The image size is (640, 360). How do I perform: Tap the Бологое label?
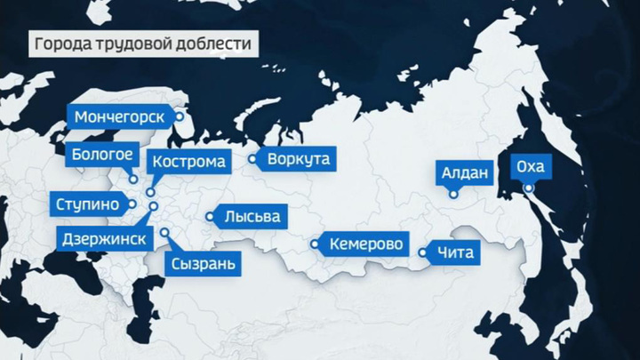(x=103, y=154)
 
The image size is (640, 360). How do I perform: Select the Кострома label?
(x=191, y=162)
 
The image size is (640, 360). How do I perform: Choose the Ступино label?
(x=86, y=204)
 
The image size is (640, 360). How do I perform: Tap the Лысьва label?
(x=252, y=216)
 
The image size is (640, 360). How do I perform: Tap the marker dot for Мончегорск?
(x=180, y=116)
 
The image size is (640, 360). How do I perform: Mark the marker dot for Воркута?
(x=252, y=160)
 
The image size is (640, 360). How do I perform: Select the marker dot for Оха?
(x=528, y=188)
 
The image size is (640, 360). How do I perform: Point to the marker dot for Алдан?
(x=453, y=194)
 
